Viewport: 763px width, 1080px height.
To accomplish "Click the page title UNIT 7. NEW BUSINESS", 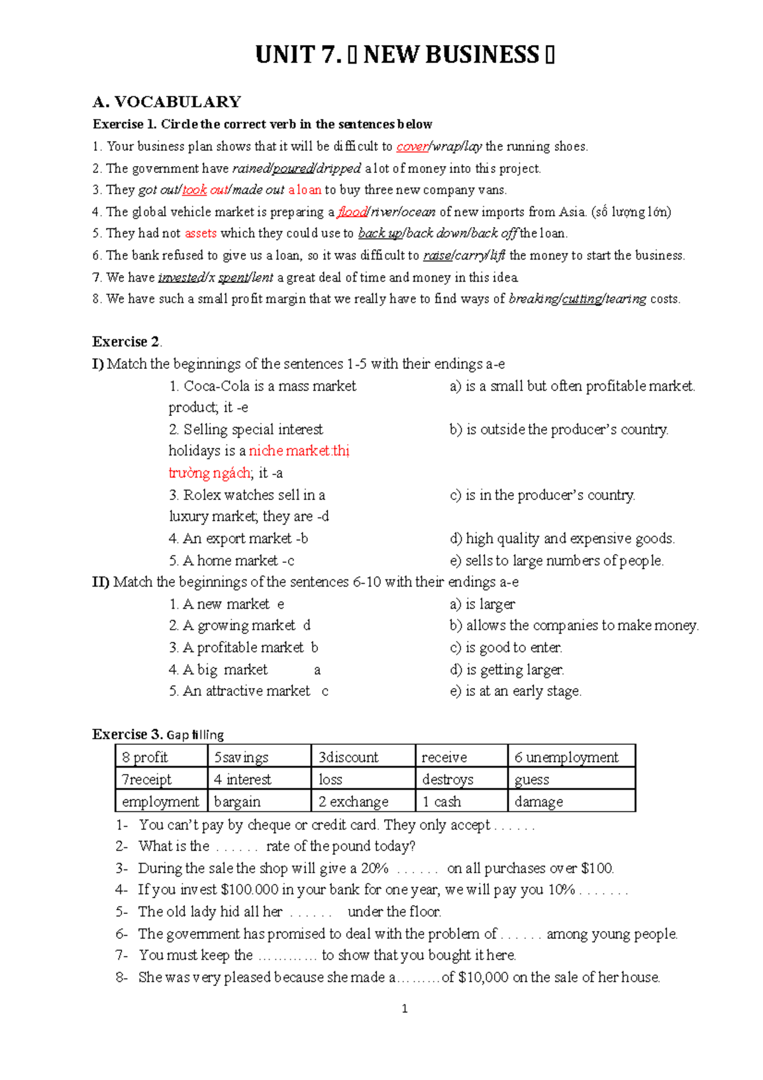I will pos(404,55).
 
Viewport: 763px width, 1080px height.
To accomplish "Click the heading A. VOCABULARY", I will pos(167,102).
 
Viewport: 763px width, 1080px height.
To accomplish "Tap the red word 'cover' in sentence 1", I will pos(412,146).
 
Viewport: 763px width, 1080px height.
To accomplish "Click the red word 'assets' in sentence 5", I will pos(200,233).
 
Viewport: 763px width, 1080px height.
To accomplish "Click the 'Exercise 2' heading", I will pos(126,342).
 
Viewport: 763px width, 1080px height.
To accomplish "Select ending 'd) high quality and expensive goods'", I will pos(562,539).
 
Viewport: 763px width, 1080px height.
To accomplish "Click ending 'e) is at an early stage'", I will pos(515,691).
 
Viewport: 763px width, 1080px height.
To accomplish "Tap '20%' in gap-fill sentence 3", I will pos(375,869).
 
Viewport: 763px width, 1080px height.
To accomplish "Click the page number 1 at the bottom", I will pos(405,1009).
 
